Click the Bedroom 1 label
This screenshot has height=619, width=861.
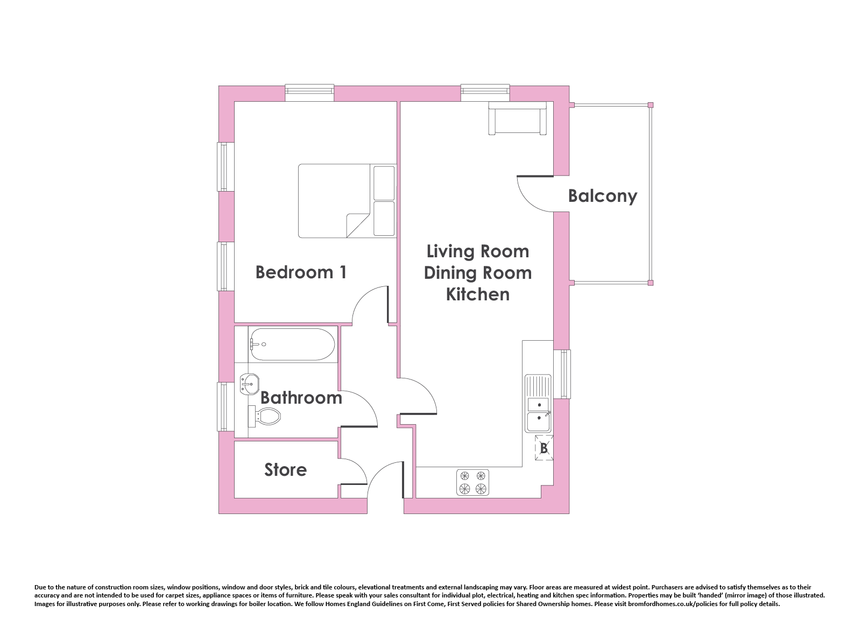point(301,272)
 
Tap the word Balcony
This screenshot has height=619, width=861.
point(602,196)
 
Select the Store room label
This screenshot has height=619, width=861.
point(286,470)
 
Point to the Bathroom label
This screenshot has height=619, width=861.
point(301,398)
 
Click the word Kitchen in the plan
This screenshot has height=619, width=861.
point(478,294)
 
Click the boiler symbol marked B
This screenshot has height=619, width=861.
point(544,448)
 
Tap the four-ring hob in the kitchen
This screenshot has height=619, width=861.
point(473,482)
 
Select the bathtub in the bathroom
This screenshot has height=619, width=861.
point(292,344)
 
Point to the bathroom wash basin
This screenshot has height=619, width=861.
point(250,384)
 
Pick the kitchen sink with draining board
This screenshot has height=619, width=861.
point(538,403)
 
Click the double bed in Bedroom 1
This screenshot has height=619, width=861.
point(347,201)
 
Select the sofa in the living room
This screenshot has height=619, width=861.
point(517,118)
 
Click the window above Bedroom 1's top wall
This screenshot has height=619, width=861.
point(309,93)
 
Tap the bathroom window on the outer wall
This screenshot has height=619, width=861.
point(225,407)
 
